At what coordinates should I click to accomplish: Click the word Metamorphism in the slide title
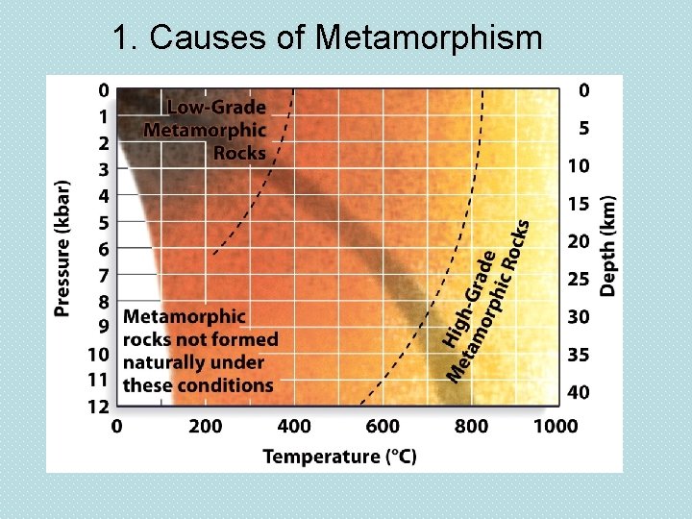[429, 37]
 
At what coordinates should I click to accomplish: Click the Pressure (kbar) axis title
[62, 248]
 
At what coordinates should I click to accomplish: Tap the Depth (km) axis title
[608, 241]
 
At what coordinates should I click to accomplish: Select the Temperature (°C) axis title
[339, 456]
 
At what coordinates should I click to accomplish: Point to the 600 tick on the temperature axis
[383, 426]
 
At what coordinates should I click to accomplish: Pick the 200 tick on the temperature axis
[205, 426]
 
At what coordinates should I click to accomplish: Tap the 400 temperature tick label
[294, 426]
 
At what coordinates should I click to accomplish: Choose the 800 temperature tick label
[471, 426]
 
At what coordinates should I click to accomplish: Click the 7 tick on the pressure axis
[103, 276]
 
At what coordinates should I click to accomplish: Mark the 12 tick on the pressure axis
[99, 407]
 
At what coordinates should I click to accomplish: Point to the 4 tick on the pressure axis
[103, 195]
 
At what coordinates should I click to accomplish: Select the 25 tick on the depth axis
[578, 279]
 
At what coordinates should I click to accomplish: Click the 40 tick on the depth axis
[578, 392]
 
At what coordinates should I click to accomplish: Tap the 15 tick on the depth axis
[578, 204]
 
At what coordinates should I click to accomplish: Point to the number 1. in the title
[125, 37]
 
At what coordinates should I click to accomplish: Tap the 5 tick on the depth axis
[583, 128]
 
